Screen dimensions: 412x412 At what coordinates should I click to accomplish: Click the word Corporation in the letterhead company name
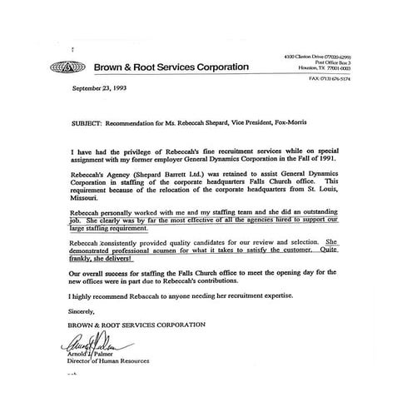(219, 67)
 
